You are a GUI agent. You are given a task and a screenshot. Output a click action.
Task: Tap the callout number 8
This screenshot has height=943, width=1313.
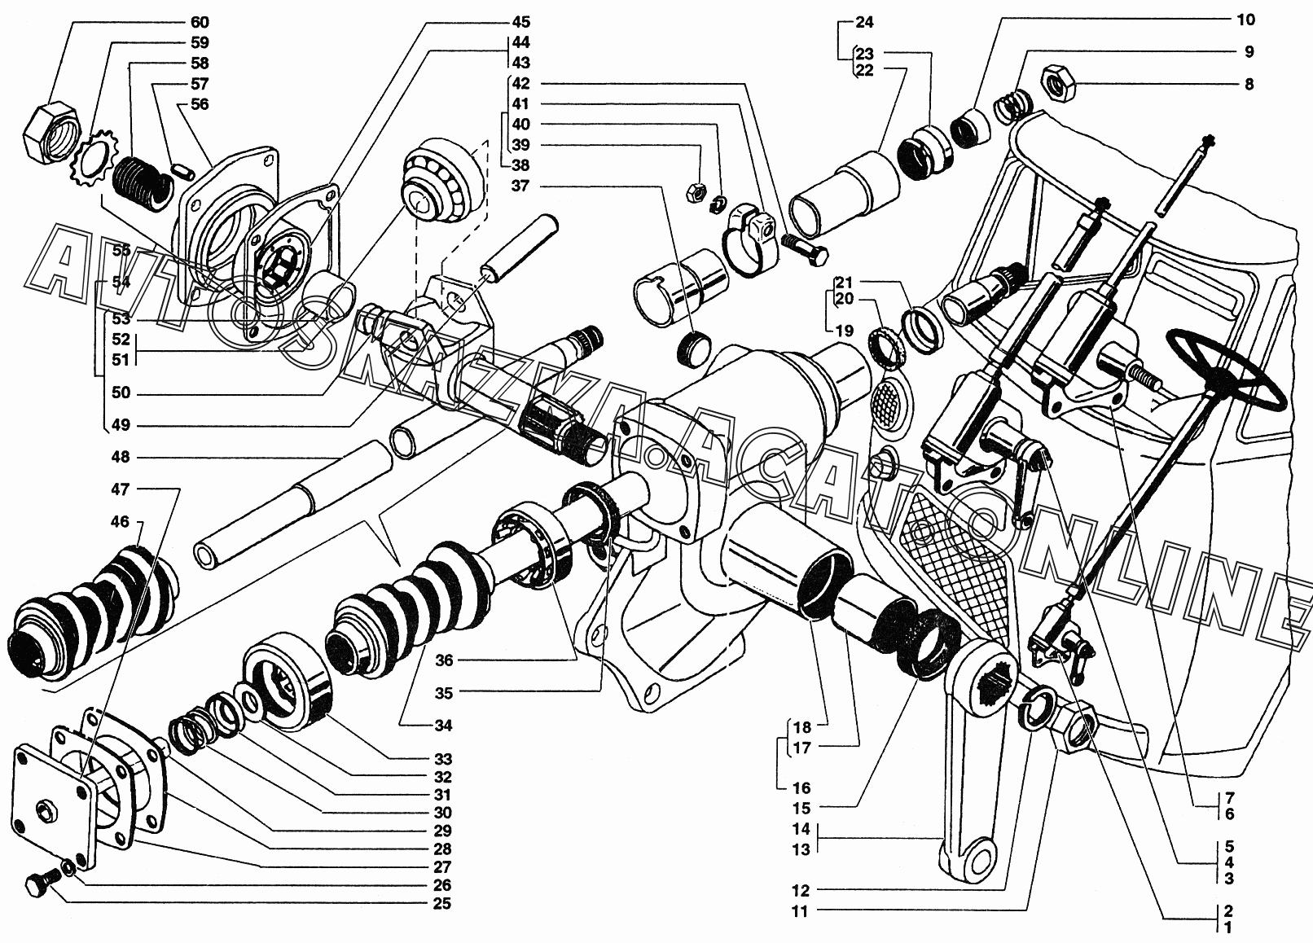point(1249,84)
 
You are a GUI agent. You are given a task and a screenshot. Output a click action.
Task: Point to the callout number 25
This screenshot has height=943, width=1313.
point(441,904)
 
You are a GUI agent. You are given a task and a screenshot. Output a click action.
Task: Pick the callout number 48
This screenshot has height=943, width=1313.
point(121,458)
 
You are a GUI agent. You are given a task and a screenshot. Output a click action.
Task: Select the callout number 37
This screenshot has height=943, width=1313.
point(520,186)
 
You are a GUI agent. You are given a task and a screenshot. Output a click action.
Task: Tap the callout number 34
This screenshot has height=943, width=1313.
point(442,726)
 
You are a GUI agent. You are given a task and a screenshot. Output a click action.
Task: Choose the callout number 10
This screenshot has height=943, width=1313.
point(1246,20)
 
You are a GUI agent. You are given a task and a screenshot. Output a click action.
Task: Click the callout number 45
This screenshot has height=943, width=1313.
point(520,21)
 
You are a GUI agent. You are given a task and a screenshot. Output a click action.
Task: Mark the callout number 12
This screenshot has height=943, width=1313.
point(801,890)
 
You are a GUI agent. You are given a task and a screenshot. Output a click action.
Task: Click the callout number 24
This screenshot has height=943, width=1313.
point(864,21)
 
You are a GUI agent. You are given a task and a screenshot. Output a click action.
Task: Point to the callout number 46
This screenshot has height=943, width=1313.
point(121,521)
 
